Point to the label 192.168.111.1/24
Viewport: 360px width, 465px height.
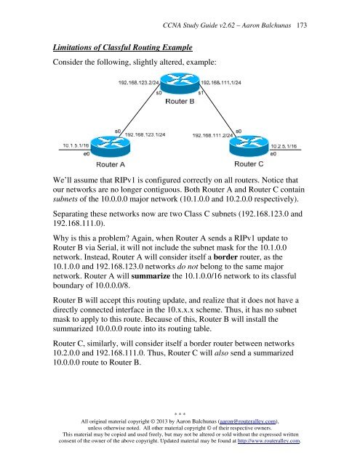pyautogui.click(x=220, y=83)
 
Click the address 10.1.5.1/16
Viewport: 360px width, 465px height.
pyautogui.click(x=81, y=146)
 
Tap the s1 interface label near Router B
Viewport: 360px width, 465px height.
pyautogui.click(x=201, y=92)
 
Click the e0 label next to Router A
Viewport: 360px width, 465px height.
pyautogui.click(x=87, y=154)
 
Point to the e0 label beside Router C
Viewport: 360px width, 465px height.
pyautogui.click(x=273, y=154)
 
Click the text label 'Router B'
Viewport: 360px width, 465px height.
pyautogui.click(x=178, y=102)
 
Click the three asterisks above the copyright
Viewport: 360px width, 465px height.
pyautogui.click(x=179, y=422)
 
